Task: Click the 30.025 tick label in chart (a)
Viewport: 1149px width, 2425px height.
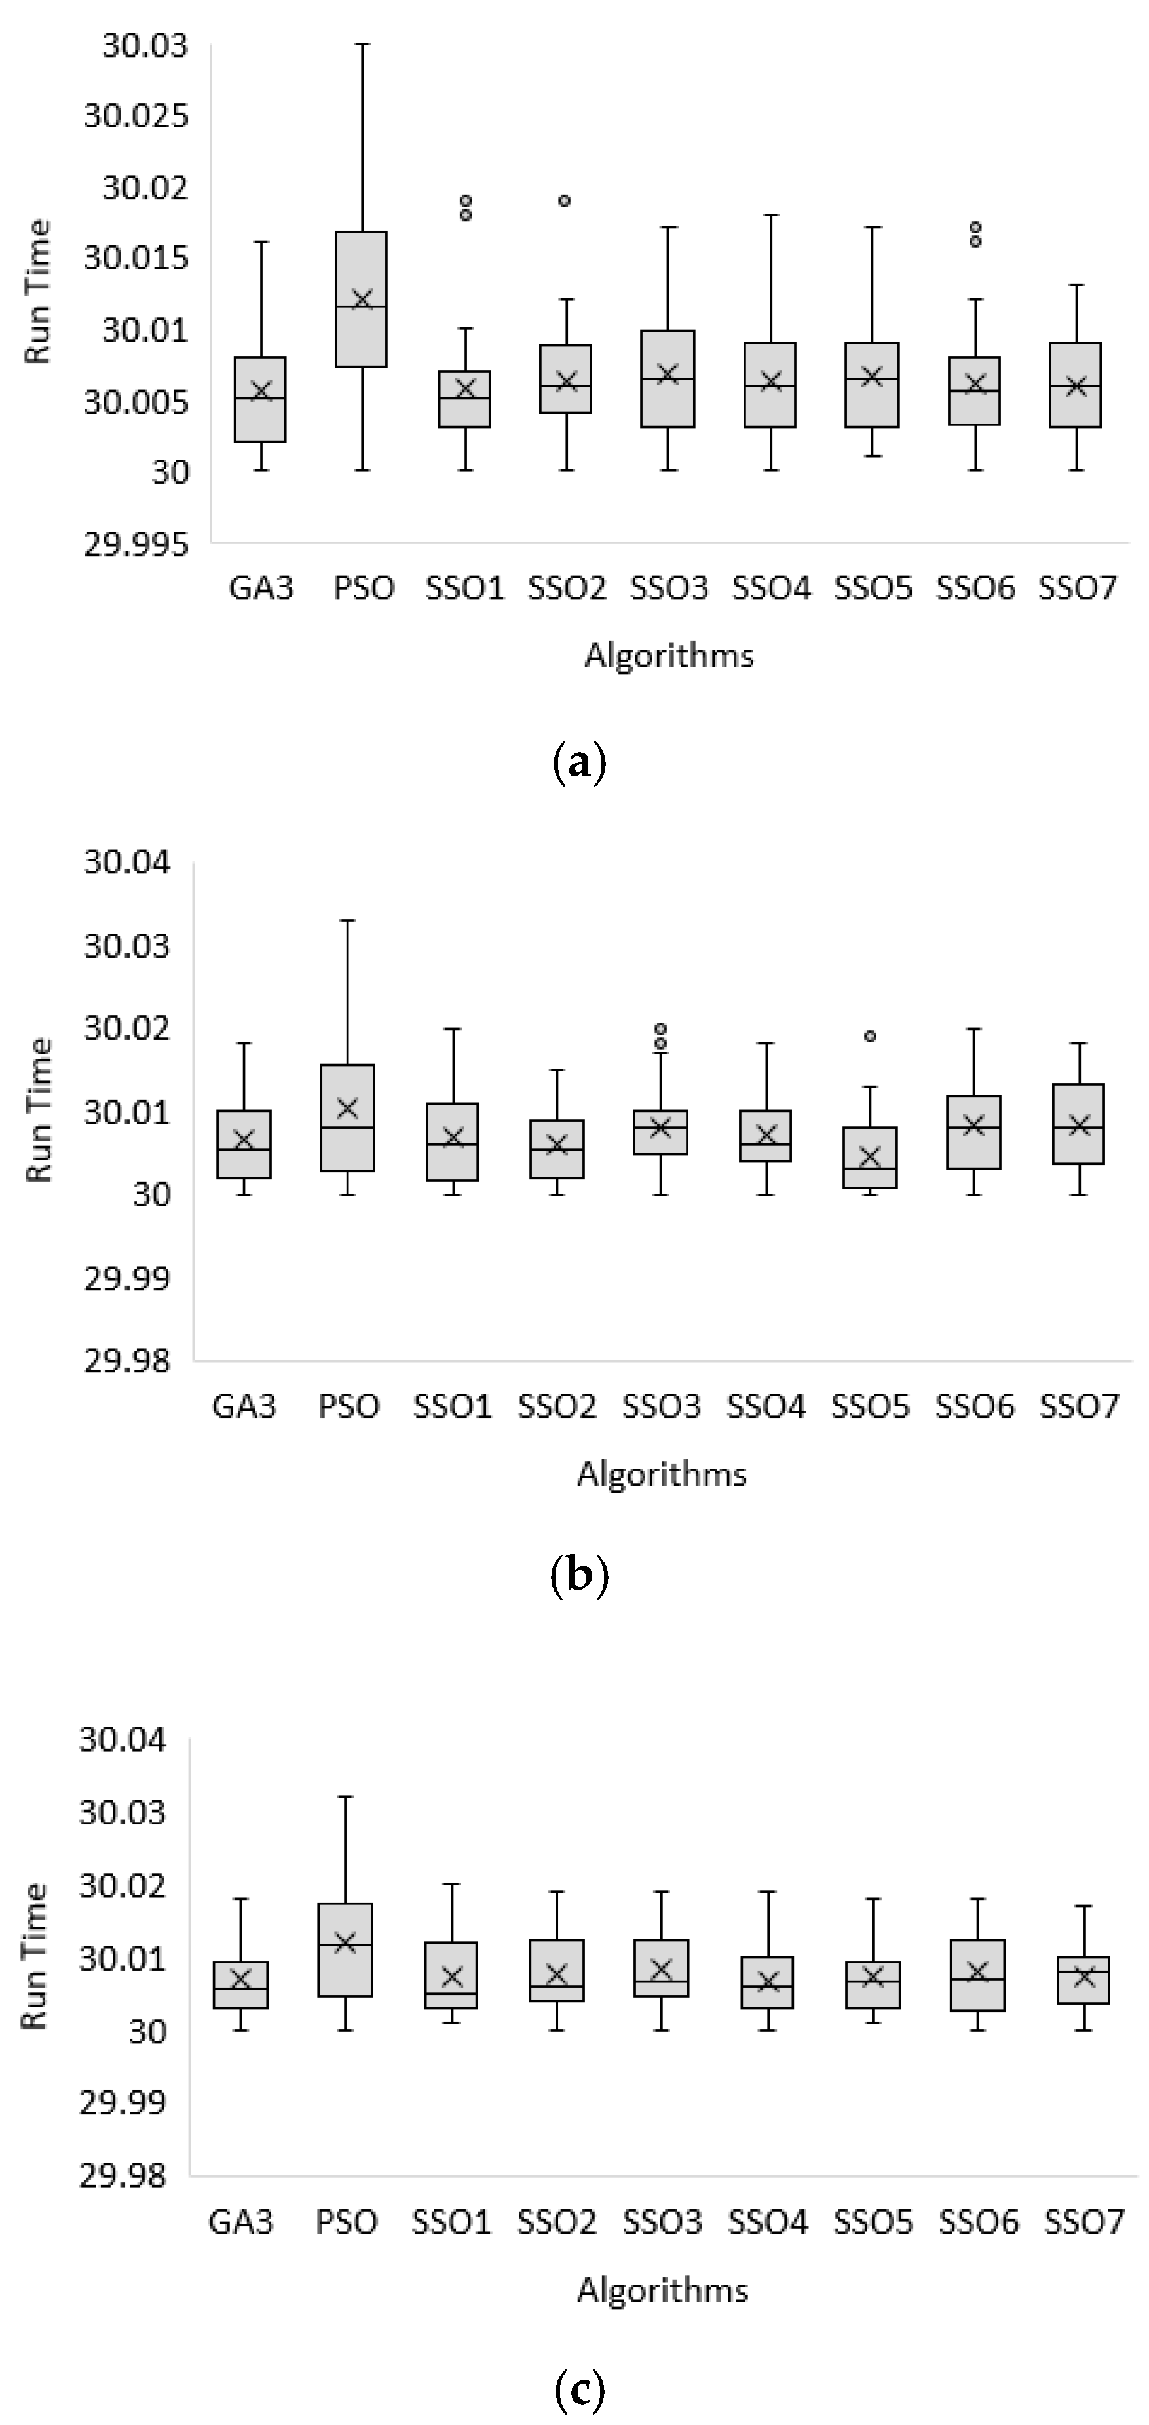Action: pyautogui.click(x=136, y=117)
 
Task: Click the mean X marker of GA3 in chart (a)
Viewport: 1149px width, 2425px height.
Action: pyautogui.click(x=261, y=391)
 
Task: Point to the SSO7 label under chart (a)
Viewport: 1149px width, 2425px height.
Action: pyautogui.click(x=1078, y=588)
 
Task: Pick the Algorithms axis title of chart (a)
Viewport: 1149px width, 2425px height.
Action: pyautogui.click(x=669, y=655)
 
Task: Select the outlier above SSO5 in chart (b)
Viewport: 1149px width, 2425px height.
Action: pyautogui.click(x=871, y=1036)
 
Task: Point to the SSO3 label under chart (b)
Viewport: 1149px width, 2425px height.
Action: pyautogui.click(x=662, y=1406)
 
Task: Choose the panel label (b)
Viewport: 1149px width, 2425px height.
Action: pyautogui.click(x=578, y=1575)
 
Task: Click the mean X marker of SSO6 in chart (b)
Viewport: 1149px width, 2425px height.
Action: pyautogui.click(x=975, y=1125)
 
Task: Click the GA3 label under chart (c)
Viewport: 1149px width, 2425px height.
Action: pyautogui.click(x=241, y=2222)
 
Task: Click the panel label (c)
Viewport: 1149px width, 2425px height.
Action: pyautogui.click(x=578, y=2388)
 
